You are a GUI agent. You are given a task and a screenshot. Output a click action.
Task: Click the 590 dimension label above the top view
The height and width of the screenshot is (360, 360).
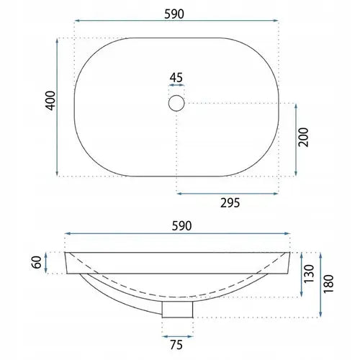click(x=174, y=14)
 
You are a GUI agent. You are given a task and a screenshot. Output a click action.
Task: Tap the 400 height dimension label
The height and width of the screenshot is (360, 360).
click(x=50, y=101)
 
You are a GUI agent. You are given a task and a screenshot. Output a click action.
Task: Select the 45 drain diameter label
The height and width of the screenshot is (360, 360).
click(x=176, y=78)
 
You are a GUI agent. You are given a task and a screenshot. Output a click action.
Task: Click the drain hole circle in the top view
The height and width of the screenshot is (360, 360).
click(x=176, y=103)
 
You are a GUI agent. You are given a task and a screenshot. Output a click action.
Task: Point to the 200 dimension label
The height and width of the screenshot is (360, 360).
click(x=303, y=137)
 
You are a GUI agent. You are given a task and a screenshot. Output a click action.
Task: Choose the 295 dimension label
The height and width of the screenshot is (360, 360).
click(x=230, y=203)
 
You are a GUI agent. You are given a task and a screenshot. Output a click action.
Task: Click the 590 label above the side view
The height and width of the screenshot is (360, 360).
click(x=181, y=226)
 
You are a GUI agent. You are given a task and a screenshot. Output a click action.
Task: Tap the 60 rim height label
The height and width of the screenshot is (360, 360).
click(x=37, y=262)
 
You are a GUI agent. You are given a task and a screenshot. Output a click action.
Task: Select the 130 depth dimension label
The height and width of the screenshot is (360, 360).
click(x=309, y=274)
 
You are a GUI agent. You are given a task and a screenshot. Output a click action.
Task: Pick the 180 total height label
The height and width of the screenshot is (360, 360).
click(x=328, y=284)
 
